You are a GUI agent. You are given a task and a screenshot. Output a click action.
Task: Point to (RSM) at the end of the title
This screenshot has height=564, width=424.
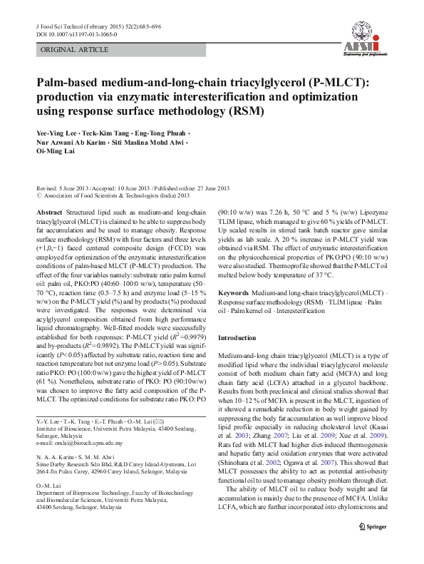245,111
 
